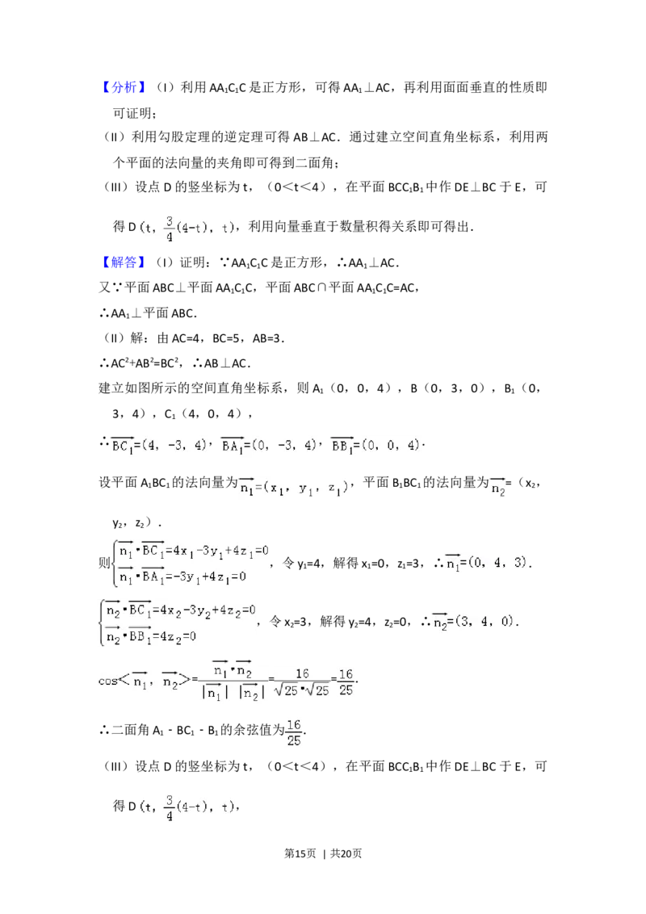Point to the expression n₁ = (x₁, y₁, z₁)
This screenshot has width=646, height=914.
click(294, 488)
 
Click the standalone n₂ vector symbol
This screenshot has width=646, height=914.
click(497, 488)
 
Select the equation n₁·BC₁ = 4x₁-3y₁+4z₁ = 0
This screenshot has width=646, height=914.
click(192, 551)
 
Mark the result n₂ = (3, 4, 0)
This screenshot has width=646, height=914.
click(472, 623)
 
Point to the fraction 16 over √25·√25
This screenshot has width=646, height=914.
click(302, 682)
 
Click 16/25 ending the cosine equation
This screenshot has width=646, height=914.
click(346, 682)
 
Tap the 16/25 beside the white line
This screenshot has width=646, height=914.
click(294, 733)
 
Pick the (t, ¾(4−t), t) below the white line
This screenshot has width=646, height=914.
click(187, 809)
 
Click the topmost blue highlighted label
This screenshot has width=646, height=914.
click(125, 87)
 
